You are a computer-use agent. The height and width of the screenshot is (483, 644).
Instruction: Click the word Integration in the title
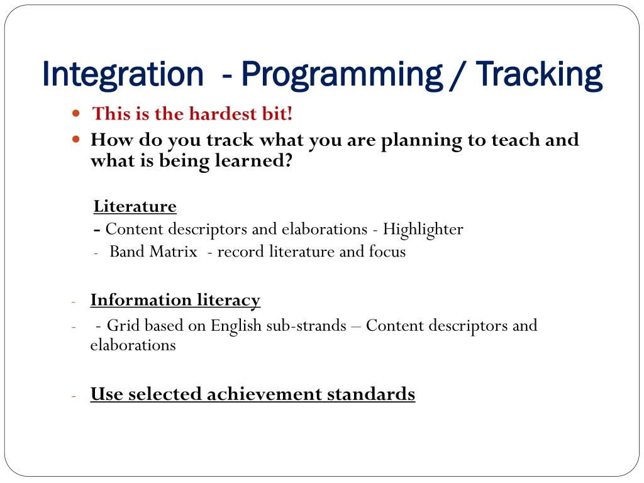(x=123, y=75)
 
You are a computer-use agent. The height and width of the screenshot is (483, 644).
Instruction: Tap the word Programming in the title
(x=341, y=75)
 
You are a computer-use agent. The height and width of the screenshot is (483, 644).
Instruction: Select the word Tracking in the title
(x=539, y=75)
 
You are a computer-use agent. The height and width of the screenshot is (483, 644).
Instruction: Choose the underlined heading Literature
(x=135, y=206)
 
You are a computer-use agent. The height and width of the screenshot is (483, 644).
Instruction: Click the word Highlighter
(x=423, y=229)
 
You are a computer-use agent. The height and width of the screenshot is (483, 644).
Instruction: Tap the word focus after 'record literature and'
(x=387, y=252)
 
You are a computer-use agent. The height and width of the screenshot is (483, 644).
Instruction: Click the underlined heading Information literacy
(x=175, y=300)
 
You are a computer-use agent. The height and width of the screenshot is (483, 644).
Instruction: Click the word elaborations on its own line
(x=133, y=345)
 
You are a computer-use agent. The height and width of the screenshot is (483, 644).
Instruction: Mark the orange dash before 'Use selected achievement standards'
(x=74, y=396)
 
